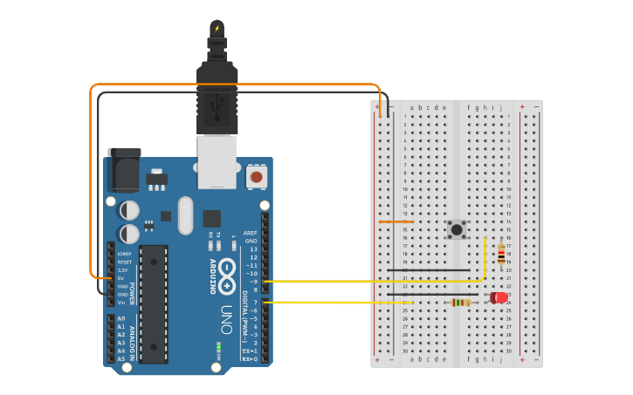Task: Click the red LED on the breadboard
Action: click(x=499, y=298)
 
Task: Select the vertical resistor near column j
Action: click(x=500, y=253)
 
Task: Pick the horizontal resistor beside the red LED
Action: click(x=460, y=303)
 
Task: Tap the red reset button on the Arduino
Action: click(x=256, y=177)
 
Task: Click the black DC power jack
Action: click(x=123, y=169)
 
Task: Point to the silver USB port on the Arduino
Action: click(x=217, y=160)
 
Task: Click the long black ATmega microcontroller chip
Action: click(x=154, y=303)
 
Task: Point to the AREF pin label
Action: click(x=251, y=233)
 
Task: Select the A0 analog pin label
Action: click(x=120, y=319)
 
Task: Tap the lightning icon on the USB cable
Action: click(x=217, y=28)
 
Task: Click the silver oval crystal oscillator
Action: click(x=184, y=215)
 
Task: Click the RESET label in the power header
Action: click(x=124, y=262)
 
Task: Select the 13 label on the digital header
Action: click(x=253, y=249)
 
